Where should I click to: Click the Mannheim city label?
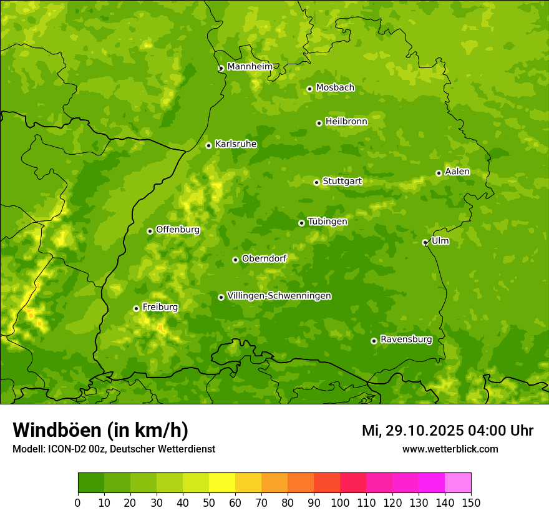click(x=250, y=67)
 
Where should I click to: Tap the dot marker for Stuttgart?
click(x=316, y=182)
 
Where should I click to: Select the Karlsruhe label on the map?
click(x=235, y=144)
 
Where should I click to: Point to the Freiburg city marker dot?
click(x=136, y=308)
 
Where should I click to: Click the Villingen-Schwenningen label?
click(x=279, y=296)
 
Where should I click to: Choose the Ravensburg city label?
click(x=406, y=340)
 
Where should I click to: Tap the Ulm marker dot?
click(x=425, y=242)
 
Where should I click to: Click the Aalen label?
click(x=457, y=172)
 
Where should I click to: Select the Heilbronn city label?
click(x=346, y=122)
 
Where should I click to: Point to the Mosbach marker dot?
click(x=309, y=89)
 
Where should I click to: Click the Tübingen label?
click(x=328, y=222)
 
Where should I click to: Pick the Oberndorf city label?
click(x=264, y=258)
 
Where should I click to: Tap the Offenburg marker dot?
click(x=150, y=231)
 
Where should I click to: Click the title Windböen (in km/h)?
click(x=100, y=430)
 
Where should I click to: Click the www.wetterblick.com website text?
click(x=450, y=449)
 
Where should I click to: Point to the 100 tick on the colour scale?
click(x=340, y=502)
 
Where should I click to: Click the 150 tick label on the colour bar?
click(x=471, y=502)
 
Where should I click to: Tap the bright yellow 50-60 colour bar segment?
click(x=222, y=483)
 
